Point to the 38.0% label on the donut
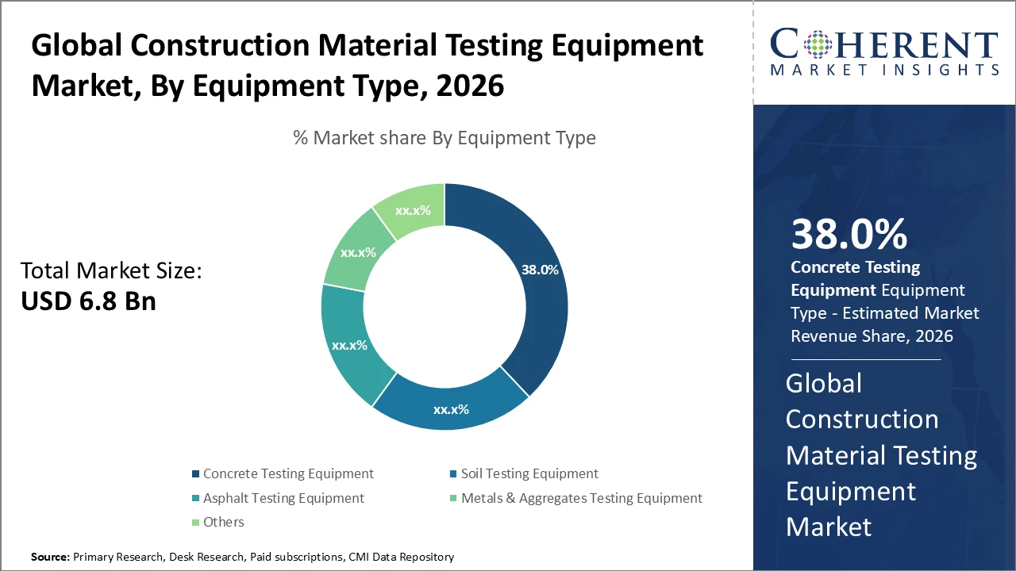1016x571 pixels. click(540, 270)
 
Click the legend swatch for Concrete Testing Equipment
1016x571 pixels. click(195, 474)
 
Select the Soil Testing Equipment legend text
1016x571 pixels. click(529, 473)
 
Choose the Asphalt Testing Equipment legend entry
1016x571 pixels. click(283, 498)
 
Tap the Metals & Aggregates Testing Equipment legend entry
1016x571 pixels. click(581, 498)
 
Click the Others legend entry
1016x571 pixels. click(223, 522)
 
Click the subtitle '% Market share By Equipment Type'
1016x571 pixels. click(444, 138)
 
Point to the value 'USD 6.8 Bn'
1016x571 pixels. click(88, 301)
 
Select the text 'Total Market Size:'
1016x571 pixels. click(111, 271)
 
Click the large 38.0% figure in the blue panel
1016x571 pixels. click(849, 234)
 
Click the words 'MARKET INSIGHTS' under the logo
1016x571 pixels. click(883, 71)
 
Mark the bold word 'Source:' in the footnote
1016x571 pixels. click(50, 558)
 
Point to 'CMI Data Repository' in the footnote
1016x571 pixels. click(401, 558)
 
